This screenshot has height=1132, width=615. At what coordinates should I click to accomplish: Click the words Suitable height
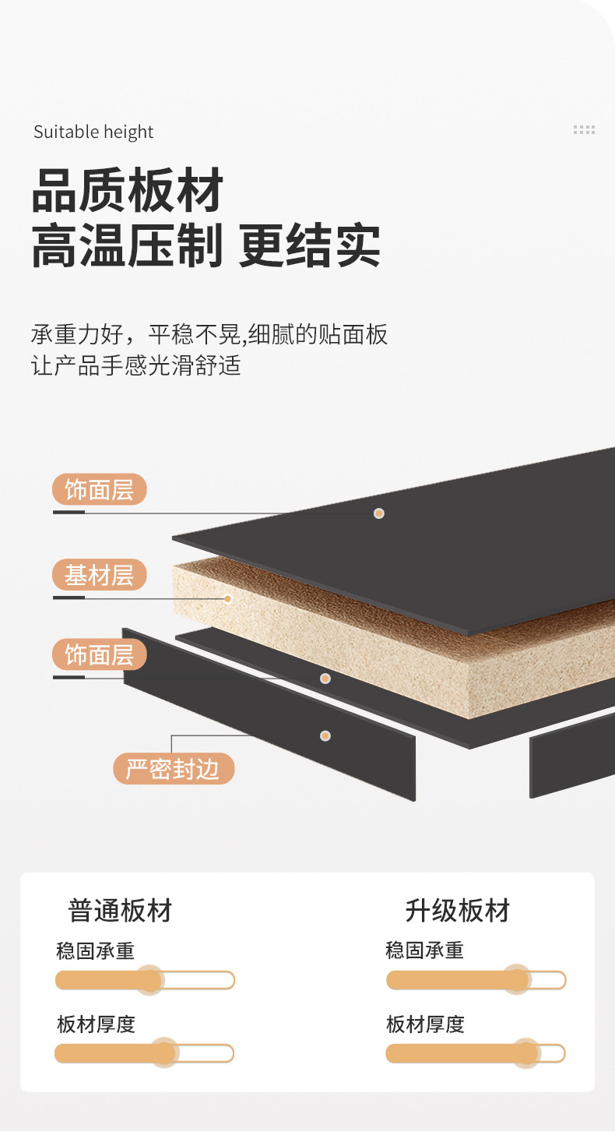click(93, 132)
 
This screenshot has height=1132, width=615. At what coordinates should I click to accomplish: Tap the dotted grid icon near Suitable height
click(584, 130)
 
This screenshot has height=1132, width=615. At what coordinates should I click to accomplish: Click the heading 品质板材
click(128, 191)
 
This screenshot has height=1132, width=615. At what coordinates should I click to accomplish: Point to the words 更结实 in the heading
click(310, 246)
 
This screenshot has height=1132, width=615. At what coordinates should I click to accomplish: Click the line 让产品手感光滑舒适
click(136, 365)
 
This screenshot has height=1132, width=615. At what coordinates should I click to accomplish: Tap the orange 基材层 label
click(99, 576)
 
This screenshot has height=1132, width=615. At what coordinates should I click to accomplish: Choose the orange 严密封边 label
click(173, 769)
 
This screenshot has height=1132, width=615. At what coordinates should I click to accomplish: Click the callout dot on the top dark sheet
click(379, 513)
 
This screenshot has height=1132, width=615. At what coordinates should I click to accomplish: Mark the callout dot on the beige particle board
click(228, 598)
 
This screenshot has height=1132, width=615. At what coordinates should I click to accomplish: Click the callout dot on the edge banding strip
click(325, 735)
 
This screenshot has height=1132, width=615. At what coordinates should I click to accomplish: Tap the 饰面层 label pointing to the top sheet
click(99, 490)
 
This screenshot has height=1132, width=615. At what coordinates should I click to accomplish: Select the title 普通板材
click(120, 910)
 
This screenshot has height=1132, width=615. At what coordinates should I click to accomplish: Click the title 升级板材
click(458, 910)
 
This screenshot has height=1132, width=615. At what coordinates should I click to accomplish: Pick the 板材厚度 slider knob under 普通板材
click(163, 1053)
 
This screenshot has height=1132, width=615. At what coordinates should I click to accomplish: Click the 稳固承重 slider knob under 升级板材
click(515, 980)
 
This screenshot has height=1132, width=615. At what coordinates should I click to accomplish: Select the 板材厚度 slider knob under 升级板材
click(526, 1053)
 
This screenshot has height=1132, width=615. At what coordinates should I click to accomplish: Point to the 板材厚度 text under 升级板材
click(425, 1024)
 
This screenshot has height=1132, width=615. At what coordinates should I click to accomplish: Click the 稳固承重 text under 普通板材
click(96, 951)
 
